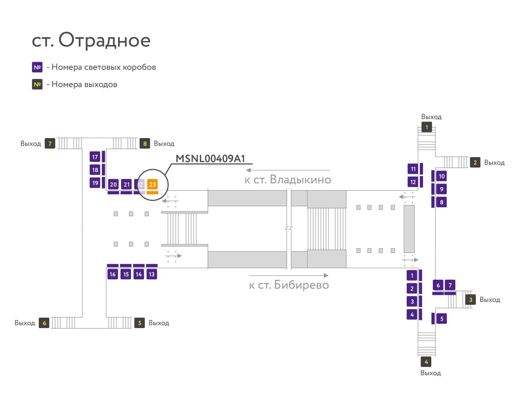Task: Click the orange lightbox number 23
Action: click(x=152, y=184)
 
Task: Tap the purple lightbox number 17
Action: click(x=95, y=157)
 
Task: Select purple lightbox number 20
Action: click(x=113, y=184)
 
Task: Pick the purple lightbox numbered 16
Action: click(x=113, y=274)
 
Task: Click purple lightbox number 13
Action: click(x=152, y=274)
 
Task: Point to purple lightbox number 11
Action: click(x=413, y=169)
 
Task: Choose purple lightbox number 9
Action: click(x=441, y=189)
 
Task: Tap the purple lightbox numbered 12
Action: click(x=413, y=182)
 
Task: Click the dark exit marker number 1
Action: click(x=427, y=127)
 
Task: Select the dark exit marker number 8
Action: click(x=145, y=143)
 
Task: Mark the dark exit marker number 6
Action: click(x=44, y=323)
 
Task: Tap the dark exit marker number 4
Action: click(x=426, y=361)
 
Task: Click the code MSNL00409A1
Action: click(x=210, y=159)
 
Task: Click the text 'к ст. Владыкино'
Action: click(x=288, y=179)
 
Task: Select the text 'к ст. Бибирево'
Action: click(x=289, y=285)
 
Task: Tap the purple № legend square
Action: click(x=37, y=67)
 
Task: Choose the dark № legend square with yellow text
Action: click(x=37, y=84)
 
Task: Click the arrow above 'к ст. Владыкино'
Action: click(x=288, y=170)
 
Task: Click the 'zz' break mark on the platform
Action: click(x=289, y=228)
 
